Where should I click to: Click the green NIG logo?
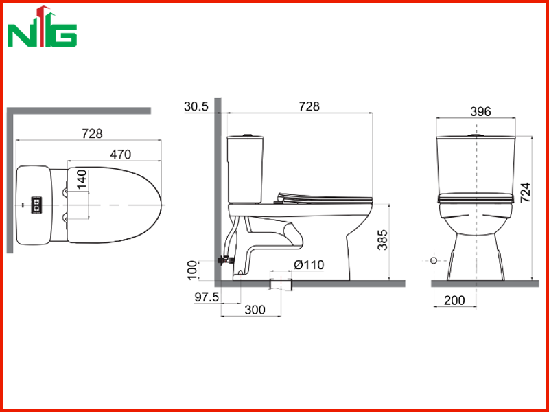click(42, 27)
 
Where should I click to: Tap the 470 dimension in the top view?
click(121, 154)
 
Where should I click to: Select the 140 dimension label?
click(82, 179)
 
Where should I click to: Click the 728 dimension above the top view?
click(92, 133)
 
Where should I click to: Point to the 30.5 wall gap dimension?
click(196, 106)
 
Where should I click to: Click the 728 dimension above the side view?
click(309, 106)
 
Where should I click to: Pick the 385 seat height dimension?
click(383, 240)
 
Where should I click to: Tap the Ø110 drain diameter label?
click(309, 265)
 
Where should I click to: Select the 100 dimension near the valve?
click(192, 270)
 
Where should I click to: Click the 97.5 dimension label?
click(207, 297)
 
